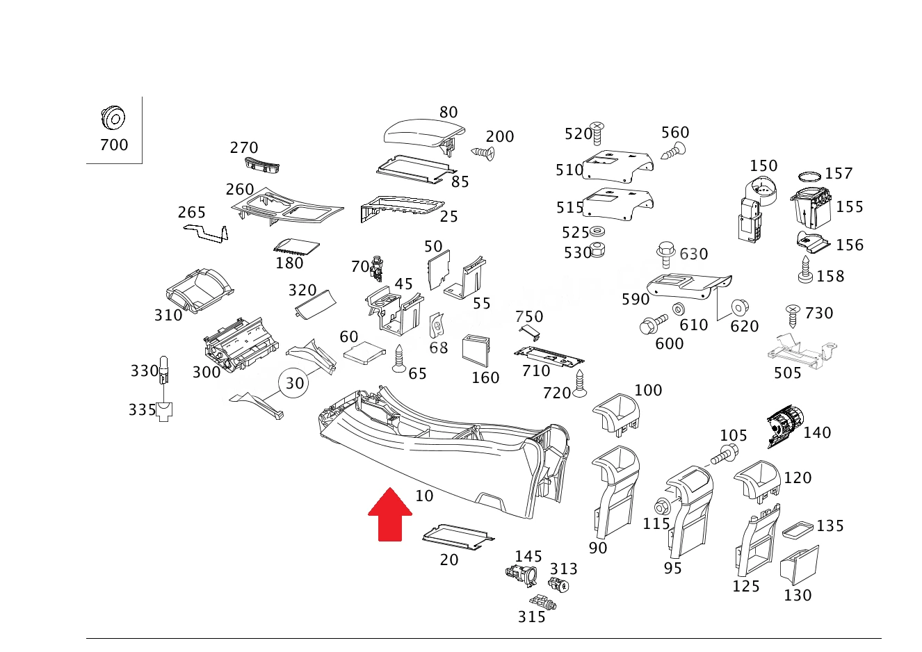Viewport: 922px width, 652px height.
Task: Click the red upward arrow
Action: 390,514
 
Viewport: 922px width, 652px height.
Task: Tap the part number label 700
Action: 114,145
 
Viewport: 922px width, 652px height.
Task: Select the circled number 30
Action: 293,383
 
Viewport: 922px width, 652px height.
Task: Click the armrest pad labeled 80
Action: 423,134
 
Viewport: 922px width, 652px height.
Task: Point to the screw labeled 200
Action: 483,153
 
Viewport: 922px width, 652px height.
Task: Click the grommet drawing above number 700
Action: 113,117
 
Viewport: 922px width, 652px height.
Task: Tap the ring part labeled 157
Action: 809,177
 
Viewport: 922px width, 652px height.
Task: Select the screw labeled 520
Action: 597,133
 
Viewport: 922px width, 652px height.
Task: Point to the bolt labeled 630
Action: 666,254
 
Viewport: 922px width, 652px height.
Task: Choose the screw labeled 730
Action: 793,316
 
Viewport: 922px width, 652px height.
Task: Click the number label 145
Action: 528,557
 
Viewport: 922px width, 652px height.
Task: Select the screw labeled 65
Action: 399,358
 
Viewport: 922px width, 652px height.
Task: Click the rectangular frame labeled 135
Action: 798,530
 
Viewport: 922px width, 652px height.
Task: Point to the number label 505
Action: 787,373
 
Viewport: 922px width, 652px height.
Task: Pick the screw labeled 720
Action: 580,384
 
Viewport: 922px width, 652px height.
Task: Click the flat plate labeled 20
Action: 458,537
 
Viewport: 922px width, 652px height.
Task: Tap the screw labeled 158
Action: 805,270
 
